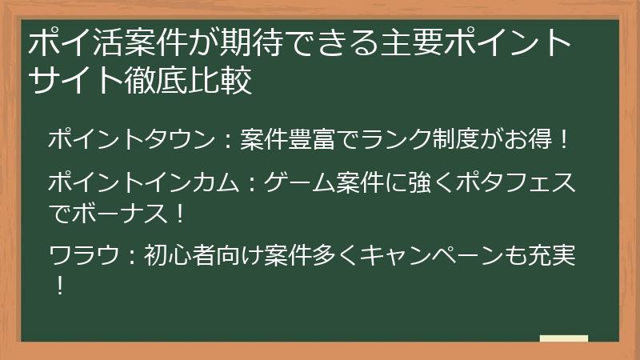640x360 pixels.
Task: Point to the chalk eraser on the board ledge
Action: (563, 338)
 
